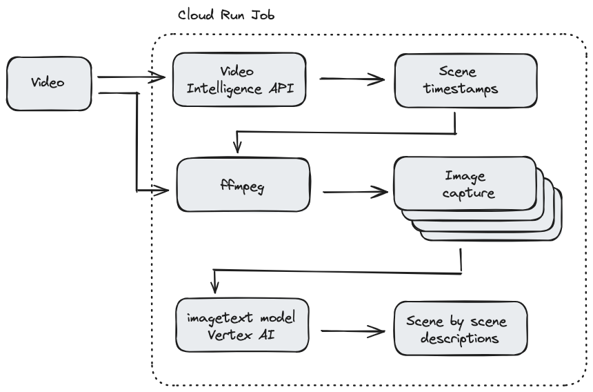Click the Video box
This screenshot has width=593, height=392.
click(x=48, y=84)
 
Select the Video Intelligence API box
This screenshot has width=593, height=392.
click(x=238, y=79)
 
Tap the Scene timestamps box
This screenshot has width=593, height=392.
click(x=465, y=80)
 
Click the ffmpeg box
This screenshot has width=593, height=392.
click(x=243, y=185)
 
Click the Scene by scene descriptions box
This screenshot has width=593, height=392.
click(x=460, y=329)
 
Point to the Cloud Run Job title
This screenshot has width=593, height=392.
click(x=226, y=14)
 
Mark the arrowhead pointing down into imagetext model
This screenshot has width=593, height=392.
click(x=216, y=286)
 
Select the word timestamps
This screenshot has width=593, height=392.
click(x=465, y=88)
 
